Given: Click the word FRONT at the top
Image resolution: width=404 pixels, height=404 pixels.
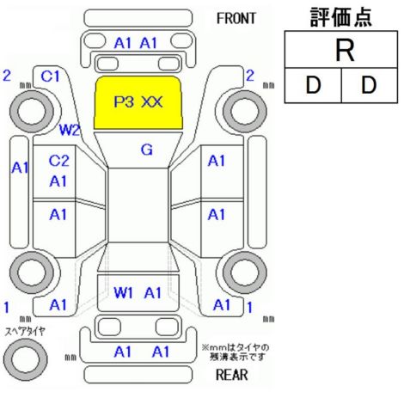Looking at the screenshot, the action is tap(236, 19).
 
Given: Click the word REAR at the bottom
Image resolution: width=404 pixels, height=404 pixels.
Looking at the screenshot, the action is tap(232, 375).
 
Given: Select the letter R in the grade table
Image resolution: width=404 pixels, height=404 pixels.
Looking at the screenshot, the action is tap(345, 51).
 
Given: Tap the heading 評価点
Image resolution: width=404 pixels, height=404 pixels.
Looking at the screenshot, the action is tap(341, 17).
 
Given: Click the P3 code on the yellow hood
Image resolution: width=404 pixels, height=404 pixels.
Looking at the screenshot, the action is tap(124, 101).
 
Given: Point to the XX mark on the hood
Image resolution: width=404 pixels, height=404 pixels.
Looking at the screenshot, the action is tap(152, 101).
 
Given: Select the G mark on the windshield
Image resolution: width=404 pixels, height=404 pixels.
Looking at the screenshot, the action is tap(147, 150).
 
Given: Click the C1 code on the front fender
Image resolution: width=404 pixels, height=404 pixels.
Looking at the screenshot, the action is tap(50, 77).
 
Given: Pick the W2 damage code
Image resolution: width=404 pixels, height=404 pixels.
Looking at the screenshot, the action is tap(69, 130).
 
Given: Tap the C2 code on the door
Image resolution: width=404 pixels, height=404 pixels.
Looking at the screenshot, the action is tap(58, 161).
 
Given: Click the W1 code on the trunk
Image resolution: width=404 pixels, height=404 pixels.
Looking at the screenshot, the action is tap(123, 293).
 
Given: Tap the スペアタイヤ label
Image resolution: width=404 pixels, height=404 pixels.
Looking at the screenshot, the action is tap(25, 332).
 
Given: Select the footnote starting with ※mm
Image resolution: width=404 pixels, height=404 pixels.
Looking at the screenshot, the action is tap(236, 352).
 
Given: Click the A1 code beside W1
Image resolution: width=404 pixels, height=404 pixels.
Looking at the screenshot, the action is tap(153, 293).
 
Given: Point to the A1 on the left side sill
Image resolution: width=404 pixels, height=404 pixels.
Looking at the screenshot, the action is tap(20, 168).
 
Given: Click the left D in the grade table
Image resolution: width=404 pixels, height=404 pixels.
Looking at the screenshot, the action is tap(313, 85).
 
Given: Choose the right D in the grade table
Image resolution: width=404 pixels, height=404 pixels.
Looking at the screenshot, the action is tap(369, 85).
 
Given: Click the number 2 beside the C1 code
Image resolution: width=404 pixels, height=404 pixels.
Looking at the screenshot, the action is tap(7, 76).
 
